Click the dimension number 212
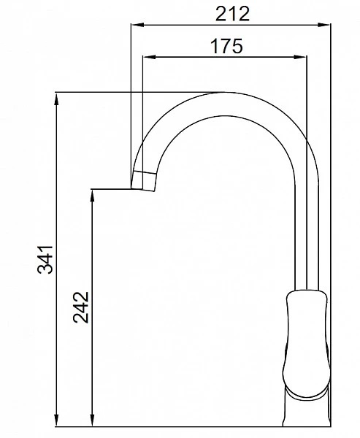pyautogui.click(x=232, y=14)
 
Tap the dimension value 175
pyautogui.click(x=226, y=46)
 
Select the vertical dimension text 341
pyautogui.click(x=45, y=259)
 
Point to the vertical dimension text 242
pyautogui.click(x=81, y=307)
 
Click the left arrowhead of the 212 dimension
pyautogui.click(x=137, y=25)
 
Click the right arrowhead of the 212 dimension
pyautogui.click(x=323, y=25)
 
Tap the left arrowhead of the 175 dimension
pyautogui.click(x=149, y=57)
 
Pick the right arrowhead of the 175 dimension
pyautogui.click(x=300, y=57)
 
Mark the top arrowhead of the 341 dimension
pyautogui.click(x=56, y=99)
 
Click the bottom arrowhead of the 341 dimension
pyautogui.click(x=56, y=420)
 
